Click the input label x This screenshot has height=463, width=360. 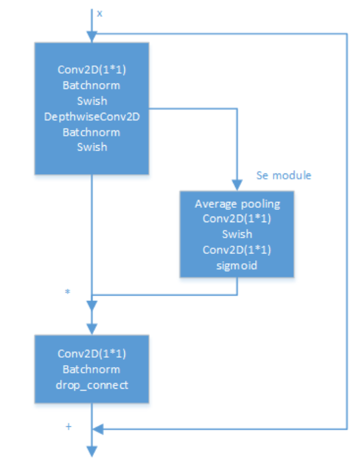pyautogui.click(x=99, y=13)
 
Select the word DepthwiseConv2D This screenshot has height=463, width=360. pyautogui.click(x=92, y=117)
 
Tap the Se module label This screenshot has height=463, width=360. pyautogui.click(x=284, y=175)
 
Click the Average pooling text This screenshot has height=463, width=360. pyautogui.click(x=237, y=204)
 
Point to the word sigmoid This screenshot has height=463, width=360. pyautogui.click(x=237, y=265)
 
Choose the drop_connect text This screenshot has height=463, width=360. pyautogui.click(x=92, y=385)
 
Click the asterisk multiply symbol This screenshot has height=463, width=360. pyautogui.click(x=68, y=292)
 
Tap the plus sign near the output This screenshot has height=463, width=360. pyautogui.click(x=69, y=427)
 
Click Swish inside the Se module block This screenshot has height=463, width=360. pyautogui.click(x=237, y=234)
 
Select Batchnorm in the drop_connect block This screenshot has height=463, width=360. pyautogui.click(x=92, y=369)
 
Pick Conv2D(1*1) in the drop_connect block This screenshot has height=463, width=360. pyautogui.click(x=92, y=354)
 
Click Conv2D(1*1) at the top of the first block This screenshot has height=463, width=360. pyautogui.click(x=92, y=70)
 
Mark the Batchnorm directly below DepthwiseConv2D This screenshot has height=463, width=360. pyautogui.click(x=92, y=132)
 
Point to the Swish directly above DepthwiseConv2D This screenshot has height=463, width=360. pyautogui.click(x=92, y=101)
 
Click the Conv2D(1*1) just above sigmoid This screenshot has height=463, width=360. pyautogui.click(x=237, y=250)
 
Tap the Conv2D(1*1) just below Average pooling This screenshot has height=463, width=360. pyautogui.click(x=237, y=219)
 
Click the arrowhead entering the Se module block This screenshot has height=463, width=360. pyautogui.click(x=237, y=186)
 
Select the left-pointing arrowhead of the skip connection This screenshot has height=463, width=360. pyautogui.click(x=98, y=429)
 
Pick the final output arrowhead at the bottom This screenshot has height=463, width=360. pyautogui.click(x=92, y=452)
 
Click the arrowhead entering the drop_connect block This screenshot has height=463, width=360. pyautogui.click(x=92, y=329)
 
